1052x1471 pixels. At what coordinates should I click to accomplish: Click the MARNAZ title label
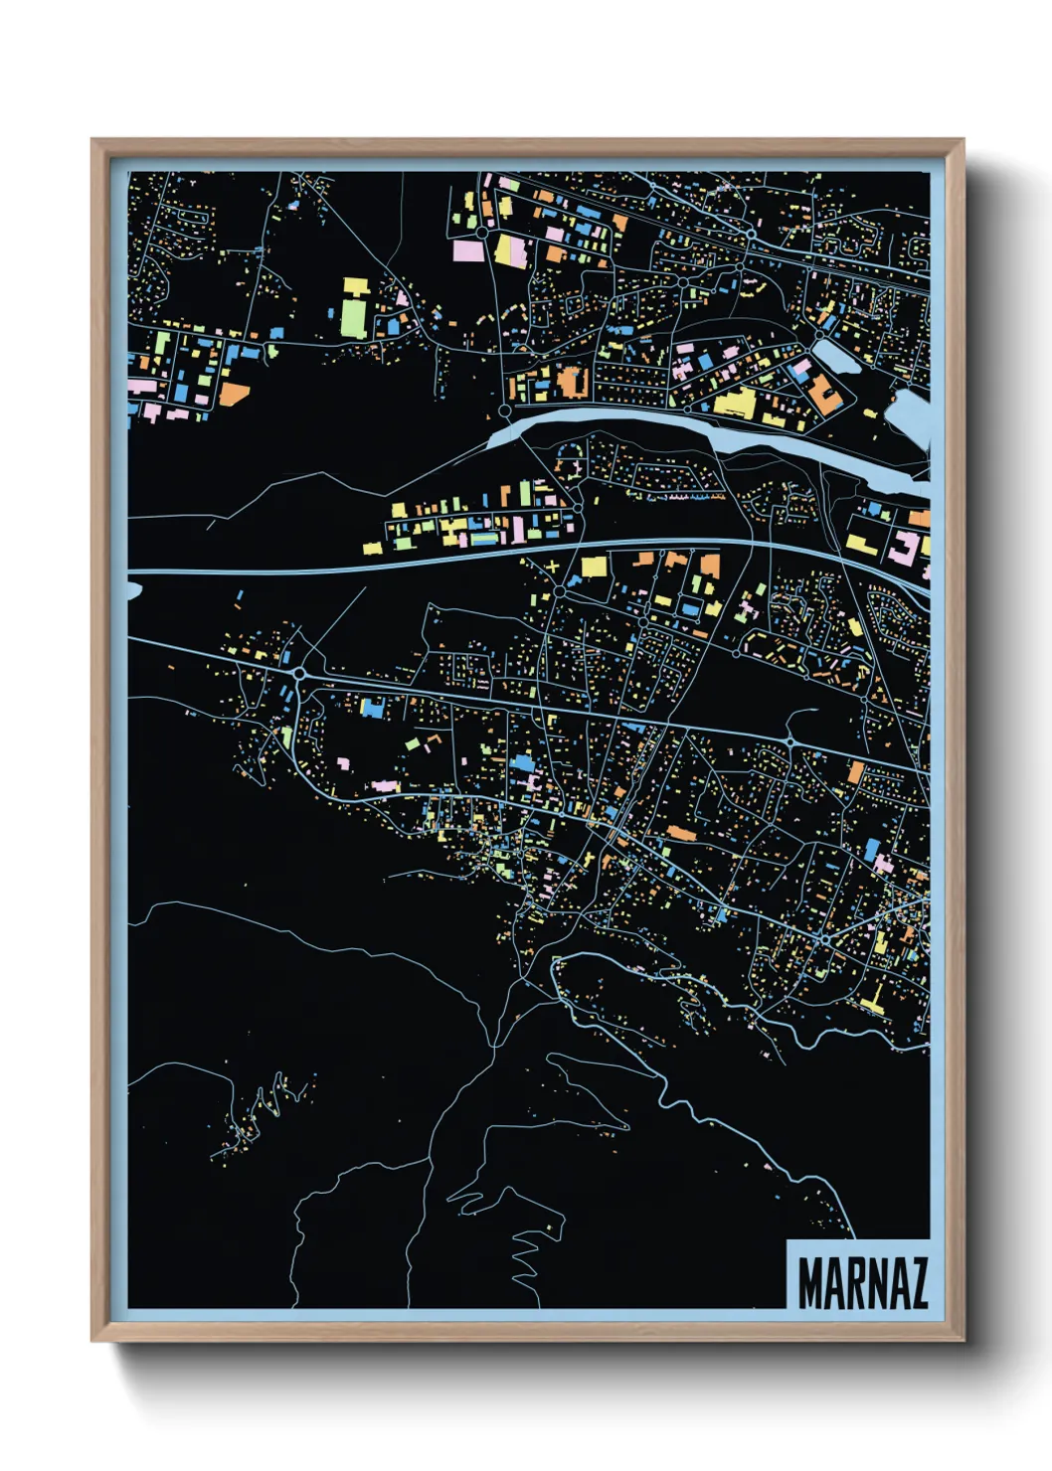point(861,1283)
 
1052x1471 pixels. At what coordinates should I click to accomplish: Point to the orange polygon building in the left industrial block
point(235,393)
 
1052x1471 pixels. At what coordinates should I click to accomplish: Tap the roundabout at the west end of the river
point(505,409)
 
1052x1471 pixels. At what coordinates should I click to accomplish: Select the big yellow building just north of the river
point(735,404)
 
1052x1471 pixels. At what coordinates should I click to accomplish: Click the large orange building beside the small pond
point(824,394)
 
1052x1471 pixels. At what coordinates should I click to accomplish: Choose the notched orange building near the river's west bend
point(571,382)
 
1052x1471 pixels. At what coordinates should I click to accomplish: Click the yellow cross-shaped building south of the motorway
point(552,568)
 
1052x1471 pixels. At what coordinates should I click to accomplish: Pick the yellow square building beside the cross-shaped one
point(594,567)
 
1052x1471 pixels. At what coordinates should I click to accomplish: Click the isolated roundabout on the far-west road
point(298,673)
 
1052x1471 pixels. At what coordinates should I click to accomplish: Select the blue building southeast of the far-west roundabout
point(372,707)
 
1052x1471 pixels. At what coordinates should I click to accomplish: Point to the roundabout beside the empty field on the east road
point(789,741)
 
